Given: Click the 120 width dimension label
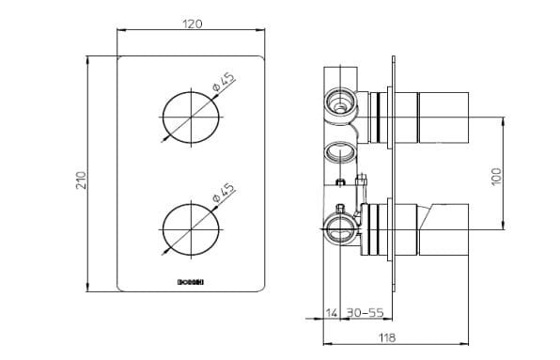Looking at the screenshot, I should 192,23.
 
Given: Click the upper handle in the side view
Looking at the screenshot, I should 442,117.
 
